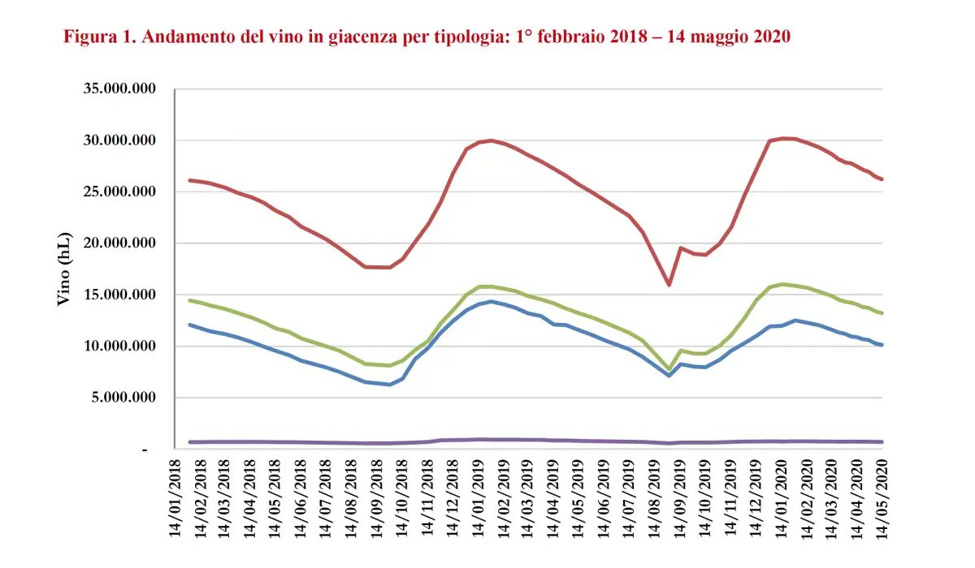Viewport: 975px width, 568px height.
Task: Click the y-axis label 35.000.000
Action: point(119,89)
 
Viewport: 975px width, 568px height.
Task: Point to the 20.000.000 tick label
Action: point(119,243)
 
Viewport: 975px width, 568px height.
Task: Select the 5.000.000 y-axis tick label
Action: point(123,398)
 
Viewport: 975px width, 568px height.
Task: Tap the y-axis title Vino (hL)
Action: point(64,269)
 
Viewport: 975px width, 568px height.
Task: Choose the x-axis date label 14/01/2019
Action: point(479,503)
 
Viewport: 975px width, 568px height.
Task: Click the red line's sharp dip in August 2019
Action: point(669,285)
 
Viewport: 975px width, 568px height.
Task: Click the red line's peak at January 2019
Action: point(491,140)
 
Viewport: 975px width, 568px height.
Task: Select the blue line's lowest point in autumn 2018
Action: point(390,384)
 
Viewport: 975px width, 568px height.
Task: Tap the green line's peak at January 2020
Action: point(783,284)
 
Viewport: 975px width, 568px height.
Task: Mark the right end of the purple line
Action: point(882,442)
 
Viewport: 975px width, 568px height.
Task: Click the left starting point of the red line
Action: point(189,180)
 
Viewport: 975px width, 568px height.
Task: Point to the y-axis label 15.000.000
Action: point(119,295)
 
